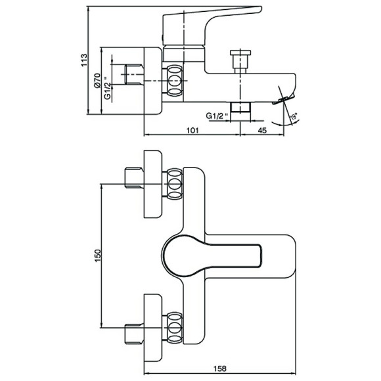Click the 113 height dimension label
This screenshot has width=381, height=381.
pyautogui.click(x=84, y=60)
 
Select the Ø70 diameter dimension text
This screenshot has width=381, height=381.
pyautogui.click(x=97, y=80)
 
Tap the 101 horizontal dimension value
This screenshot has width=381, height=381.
pyautogui.click(x=192, y=131)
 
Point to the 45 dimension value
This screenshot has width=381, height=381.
pyautogui.click(x=262, y=131)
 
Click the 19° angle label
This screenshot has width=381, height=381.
pyautogui.click(x=294, y=117)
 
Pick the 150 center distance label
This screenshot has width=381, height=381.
pyautogui.click(x=97, y=256)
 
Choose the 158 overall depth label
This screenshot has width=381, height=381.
pyautogui.click(x=219, y=369)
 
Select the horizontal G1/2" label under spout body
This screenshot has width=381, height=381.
pyautogui.click(x=217, y=116)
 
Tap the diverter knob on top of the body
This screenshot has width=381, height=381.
pyautogui.click(x=240, y=62)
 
